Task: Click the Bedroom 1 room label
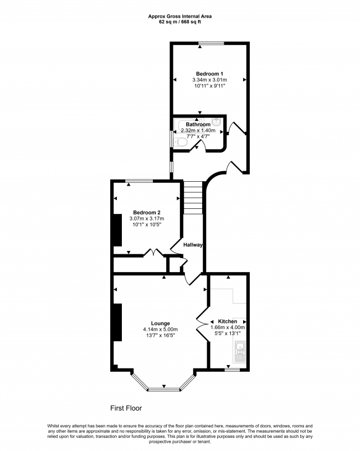209,74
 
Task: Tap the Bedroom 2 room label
147,212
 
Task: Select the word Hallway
193,245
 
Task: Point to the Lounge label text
160,323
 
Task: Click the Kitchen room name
228,321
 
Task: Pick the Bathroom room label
198,125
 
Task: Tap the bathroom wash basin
217,122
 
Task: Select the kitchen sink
241,349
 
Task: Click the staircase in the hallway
193,198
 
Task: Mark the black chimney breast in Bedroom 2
117,229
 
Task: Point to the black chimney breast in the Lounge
117,322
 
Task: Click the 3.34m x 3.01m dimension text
209,80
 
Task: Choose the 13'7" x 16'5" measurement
160,336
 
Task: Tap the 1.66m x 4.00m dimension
228,327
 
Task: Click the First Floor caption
126,408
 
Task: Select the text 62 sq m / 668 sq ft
180,22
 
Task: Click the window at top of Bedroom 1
212,43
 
